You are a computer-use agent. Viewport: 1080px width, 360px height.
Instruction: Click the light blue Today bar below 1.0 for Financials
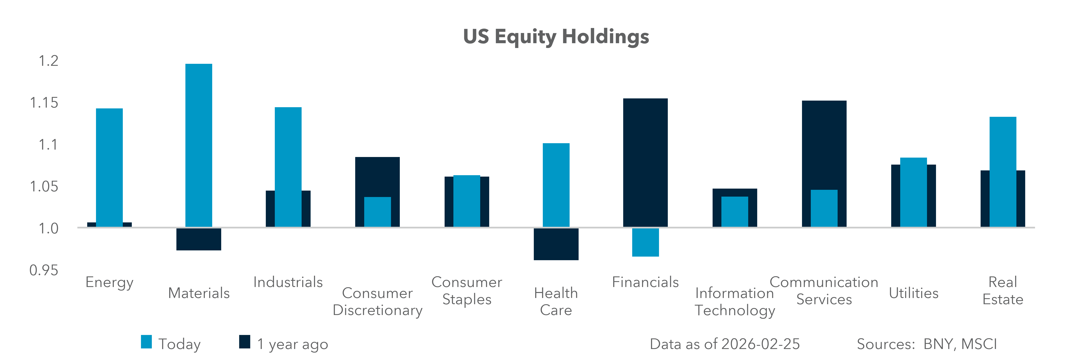pyautogui.click(x=645, y=242)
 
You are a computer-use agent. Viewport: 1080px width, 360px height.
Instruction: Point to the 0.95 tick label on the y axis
pyautogui.click(x=44, y=270)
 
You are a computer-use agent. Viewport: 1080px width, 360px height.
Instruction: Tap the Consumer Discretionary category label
pyautogui.click(x=377, y=302)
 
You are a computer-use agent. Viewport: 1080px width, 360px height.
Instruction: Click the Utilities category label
pyautogui.click(x=914, y=293)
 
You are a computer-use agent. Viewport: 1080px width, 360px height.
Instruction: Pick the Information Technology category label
pyautogui.click(x=735, y=302)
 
